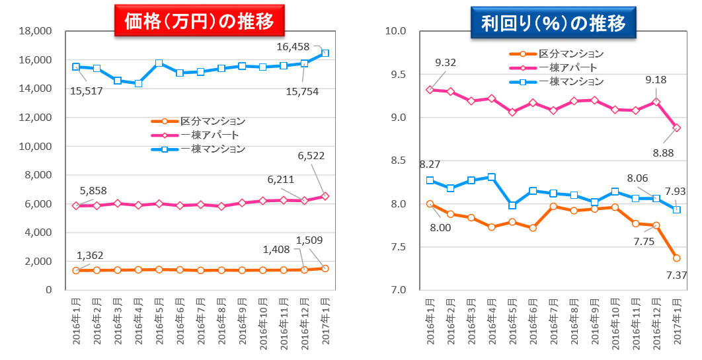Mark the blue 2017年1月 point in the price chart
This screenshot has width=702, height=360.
click(x=325, y=53)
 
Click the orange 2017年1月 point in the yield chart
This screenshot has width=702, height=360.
click(x=676, y=258)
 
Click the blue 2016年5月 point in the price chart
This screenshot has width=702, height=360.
click(x=159, y=63)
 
